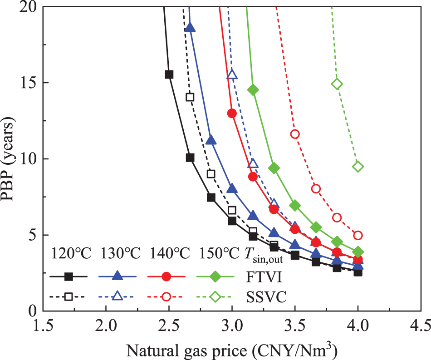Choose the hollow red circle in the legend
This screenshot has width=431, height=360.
166,297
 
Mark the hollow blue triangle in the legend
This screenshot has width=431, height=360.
117,297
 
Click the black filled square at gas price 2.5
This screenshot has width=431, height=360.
169,74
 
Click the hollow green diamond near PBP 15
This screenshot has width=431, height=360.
337,84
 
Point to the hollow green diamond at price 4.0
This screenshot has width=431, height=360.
358,167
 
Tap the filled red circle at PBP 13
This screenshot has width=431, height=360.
232,113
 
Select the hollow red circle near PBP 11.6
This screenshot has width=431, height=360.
295,134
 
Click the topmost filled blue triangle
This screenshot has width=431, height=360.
190,28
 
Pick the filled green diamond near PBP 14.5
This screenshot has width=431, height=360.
253,90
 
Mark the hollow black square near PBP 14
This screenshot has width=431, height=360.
190,97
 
